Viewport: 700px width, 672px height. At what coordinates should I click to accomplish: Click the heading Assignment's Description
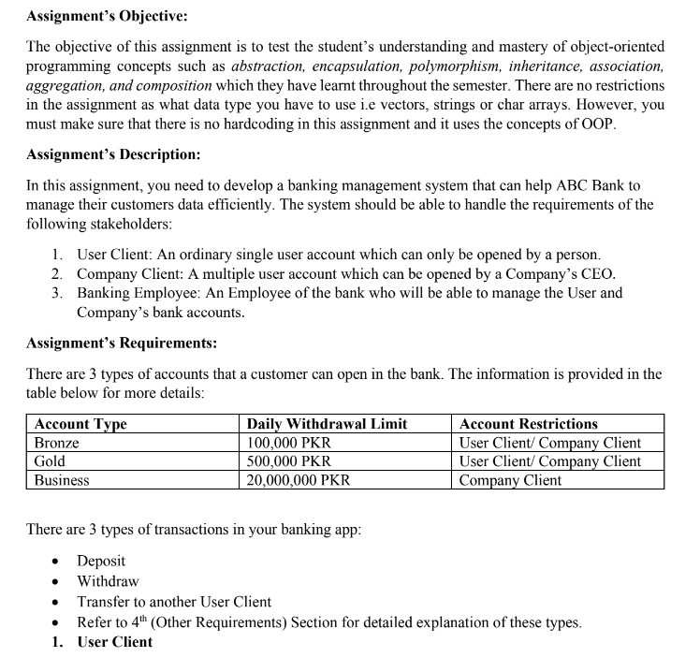tap(112, 153)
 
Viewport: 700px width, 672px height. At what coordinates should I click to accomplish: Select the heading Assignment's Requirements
tap(122, 343)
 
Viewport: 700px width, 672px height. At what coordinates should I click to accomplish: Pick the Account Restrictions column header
tap(528, 424)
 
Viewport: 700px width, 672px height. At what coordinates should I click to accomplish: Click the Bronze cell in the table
tap(56, 443)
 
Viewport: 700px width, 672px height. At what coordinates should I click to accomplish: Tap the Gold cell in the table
tap(50, 461)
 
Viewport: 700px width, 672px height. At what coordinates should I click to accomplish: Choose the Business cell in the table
tap(62, 480)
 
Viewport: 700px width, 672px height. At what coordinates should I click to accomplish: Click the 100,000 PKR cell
tap(288, 443)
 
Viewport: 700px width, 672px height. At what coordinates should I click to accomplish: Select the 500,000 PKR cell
tap(288, 461)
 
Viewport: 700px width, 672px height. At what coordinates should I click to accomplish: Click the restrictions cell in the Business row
tap(511, 480)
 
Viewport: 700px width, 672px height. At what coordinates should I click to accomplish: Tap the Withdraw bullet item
tap(108, 581)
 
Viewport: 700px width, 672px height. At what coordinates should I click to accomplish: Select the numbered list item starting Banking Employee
tap(346, 293)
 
